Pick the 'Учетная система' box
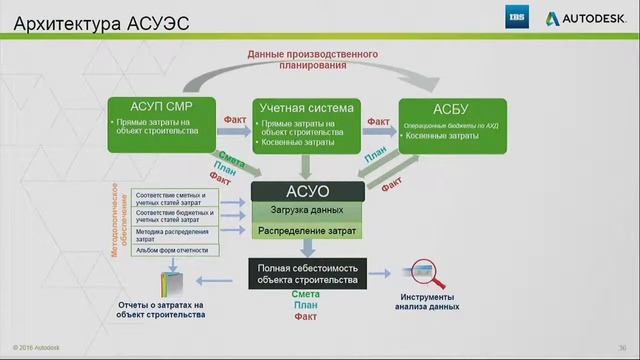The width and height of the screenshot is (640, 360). point(304,124)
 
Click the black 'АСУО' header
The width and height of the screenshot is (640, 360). point(308,190)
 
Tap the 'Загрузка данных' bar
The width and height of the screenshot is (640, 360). point(308,210)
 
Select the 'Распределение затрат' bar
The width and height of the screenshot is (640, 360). point(308,231)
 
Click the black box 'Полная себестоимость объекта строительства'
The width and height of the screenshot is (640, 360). point(308,274)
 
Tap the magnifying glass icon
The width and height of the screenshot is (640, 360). point(425,272)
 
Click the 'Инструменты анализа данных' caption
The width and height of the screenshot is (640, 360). point(429,303)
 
